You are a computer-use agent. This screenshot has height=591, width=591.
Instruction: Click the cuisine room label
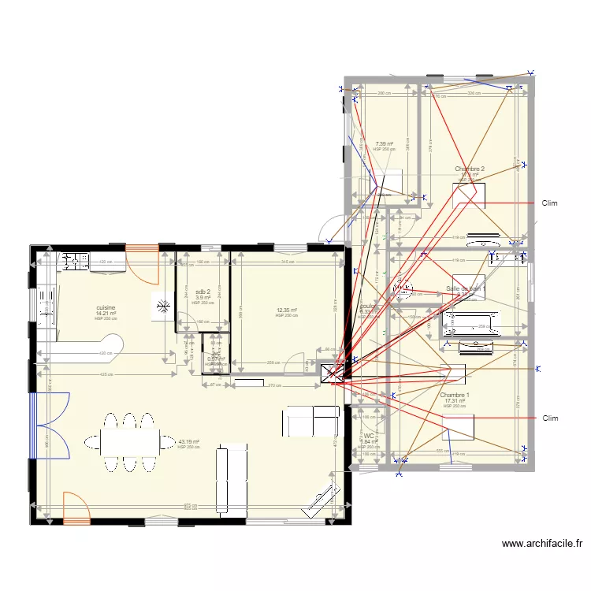[106, 307]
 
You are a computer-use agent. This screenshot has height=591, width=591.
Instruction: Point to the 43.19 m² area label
[188, 442]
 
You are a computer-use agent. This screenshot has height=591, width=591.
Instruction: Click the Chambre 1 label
[455, 395]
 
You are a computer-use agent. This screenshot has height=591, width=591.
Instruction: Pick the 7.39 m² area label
[384, 144]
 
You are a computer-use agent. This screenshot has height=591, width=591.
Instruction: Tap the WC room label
[368, 435]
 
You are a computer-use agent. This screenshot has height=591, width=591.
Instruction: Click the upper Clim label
[549, 203]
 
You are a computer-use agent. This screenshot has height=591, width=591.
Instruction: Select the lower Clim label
[549, 418]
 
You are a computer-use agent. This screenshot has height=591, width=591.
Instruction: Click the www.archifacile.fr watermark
[543, 543]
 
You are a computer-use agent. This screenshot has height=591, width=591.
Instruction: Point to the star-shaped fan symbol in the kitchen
[164, 307]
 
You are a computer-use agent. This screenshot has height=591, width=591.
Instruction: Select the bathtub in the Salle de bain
[470, 319]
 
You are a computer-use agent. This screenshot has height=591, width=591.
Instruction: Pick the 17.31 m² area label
[455, 401]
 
